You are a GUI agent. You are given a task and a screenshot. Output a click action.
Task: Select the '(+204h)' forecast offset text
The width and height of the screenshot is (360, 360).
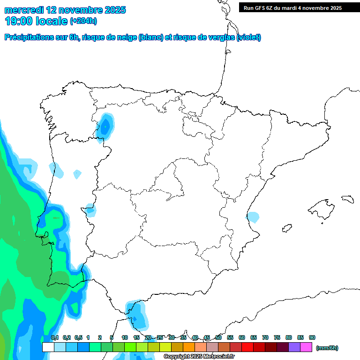coord(83,21)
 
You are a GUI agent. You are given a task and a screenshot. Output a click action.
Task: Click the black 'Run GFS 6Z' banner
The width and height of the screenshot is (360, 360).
coord(299,7)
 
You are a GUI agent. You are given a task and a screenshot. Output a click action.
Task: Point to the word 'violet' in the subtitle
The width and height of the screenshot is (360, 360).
coord(248,37)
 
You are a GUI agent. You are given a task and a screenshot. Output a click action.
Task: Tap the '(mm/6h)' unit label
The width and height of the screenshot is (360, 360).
coord(327,348)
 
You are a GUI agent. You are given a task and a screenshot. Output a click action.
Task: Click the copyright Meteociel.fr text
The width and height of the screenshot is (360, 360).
coord(199,357)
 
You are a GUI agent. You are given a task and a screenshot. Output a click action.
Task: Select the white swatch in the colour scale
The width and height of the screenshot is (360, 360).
coord(48,347)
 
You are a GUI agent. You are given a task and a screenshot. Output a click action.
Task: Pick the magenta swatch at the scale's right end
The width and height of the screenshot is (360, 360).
coord(306,347)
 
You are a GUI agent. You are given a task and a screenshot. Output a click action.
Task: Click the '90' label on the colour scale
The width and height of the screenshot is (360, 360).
coord(312,337)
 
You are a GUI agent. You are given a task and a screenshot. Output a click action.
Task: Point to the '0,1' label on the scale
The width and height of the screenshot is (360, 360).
coord(55,337)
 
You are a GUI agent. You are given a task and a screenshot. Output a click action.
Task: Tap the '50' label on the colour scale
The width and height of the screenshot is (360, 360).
coord(218,337)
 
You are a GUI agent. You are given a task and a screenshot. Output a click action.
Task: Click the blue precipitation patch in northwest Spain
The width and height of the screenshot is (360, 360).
coord(105,127)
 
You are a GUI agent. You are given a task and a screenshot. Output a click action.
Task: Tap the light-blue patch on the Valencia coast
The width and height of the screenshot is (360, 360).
coord(253,217)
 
